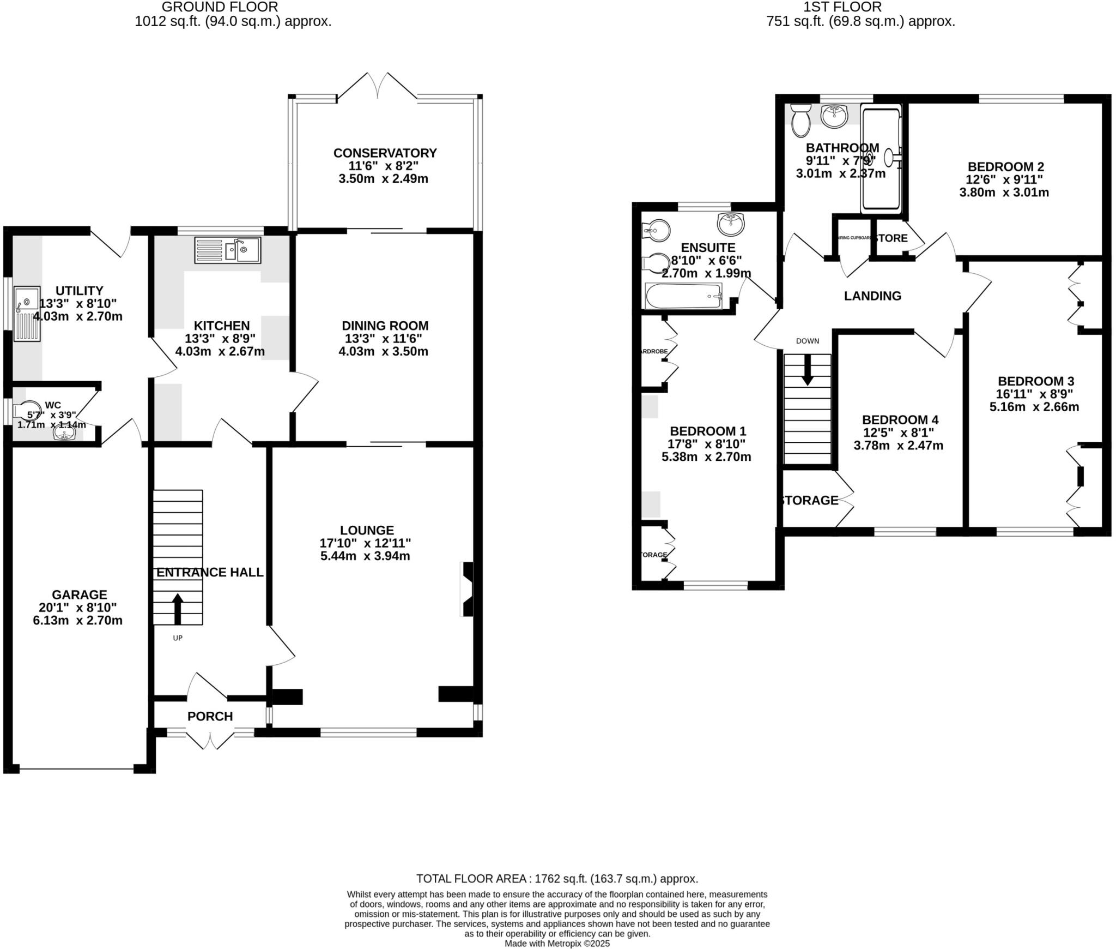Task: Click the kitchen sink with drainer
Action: tap(228, 250)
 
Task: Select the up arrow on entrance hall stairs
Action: tap(178, 608)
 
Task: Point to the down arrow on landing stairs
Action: tap(807, 369)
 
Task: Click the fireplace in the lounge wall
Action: tap(467, 589)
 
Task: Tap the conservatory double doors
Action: tap(377, 87)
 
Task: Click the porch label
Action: tap(210, 716)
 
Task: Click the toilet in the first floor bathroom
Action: tap(800, 121)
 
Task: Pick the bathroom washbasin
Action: tap(834, 116)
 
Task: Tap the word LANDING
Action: tap(872, 296)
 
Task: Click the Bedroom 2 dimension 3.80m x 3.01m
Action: tap(1004, 193)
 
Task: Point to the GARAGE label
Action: tap(80, 594)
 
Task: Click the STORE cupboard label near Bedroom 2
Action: tap(891, 238)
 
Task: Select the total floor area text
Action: tap(557, 879)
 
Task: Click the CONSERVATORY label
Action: tap(385, 153)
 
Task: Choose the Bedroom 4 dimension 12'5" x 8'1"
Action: tap(898, 433)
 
